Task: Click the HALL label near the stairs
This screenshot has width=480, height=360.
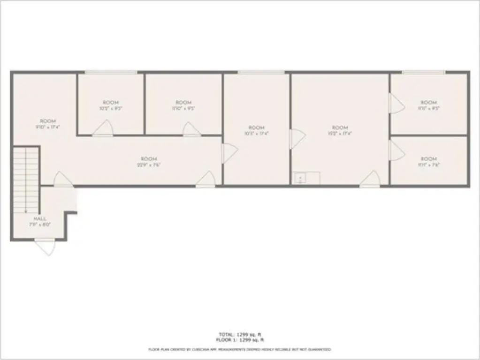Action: pyautogui.click(x=39, y=219)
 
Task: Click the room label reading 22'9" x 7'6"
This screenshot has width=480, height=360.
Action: pyautogui.click(x=149, y=159)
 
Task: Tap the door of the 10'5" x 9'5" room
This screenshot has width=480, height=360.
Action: pyautogui.click(x=103, y=128)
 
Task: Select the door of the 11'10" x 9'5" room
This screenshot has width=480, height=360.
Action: pyautogui.click(x=191, y=129)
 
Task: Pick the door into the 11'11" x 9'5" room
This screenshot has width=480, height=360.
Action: pyautogui.click(x=396, y=103)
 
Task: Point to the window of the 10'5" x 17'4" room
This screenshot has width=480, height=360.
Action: pyautogui.click(x=261, y=72)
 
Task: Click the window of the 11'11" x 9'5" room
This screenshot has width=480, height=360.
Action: pyautogui.click(x=423, y=72)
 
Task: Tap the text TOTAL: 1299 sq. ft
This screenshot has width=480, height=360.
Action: pyautogui.click(x=239, y=334)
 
